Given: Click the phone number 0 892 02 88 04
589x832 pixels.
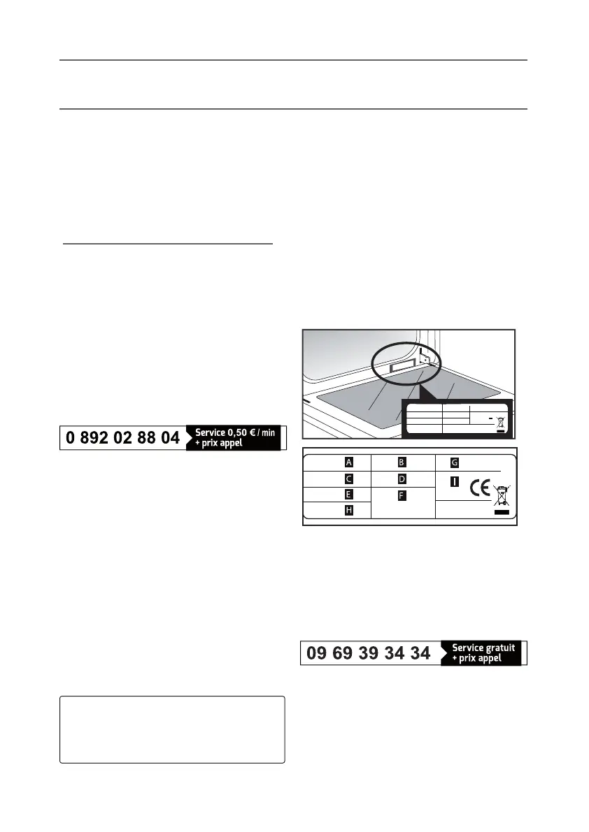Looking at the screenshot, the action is point(123,438).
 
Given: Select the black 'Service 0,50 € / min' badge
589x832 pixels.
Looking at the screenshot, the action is point(234,438).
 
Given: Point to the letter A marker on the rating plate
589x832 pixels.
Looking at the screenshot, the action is point(348,462).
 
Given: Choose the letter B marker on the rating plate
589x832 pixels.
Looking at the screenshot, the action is point(402,462).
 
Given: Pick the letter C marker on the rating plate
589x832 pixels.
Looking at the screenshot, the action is point(348,479).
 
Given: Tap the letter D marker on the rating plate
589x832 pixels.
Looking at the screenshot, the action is point(402,479).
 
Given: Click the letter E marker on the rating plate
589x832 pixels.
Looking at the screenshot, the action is point(348,495).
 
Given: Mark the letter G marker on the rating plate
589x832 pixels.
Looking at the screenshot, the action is point(455,462).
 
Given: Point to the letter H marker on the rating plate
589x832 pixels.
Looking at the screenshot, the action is point(348,511).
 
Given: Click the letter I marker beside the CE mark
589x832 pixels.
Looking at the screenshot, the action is point(455,482).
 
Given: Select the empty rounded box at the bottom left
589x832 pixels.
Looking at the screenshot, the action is point(172,729).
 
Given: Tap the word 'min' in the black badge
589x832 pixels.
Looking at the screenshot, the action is point(268,434).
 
